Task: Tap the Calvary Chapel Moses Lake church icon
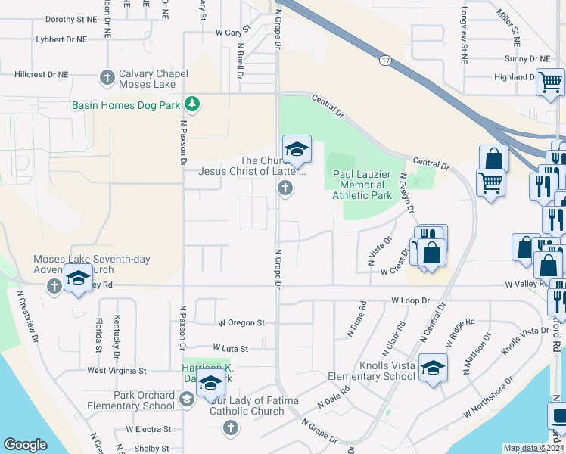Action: point(107,77)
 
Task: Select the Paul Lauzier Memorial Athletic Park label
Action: point(362,185)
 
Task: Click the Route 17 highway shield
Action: point(385,60)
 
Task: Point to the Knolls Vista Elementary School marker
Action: point(433,368)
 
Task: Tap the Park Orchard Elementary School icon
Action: point(187,399)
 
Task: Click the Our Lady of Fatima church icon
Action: point(231,429)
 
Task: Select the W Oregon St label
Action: point(241,322)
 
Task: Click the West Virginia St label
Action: point(117,371)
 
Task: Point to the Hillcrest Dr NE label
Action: point(42,75)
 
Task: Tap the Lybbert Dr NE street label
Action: point(61,39)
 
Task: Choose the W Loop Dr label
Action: point(410,300)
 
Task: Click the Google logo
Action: point(25,445)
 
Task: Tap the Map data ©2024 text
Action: point(533,448)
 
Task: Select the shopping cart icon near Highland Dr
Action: point(550,82)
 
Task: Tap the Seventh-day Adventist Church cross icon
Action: point(53,287)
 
